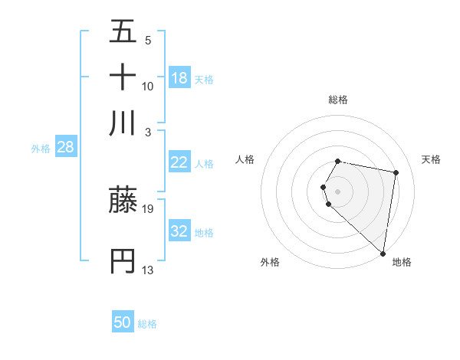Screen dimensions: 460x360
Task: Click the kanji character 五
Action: point(123,32)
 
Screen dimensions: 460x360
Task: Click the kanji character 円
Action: point(123,261)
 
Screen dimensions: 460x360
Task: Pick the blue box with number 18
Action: point(179,78)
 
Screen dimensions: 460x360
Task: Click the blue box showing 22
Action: point(179,162)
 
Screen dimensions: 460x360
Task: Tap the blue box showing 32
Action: point(179,231)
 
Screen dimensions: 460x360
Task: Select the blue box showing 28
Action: point(65,147)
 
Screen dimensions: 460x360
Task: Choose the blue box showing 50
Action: point(123,322)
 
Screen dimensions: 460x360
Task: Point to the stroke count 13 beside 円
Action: point(149,270)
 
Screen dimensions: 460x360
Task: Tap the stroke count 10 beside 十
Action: point(149,86)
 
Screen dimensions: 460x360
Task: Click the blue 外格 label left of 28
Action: point(41,149)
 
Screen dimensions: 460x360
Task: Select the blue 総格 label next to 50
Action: point(147,324)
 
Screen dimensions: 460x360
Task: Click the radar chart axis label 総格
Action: point(338,100)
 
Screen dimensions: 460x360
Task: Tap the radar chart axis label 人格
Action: point(245,159)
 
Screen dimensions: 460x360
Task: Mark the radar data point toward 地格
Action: point(383,253)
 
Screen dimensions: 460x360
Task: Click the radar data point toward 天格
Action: point(396,173)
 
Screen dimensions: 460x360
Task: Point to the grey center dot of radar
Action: point(338,191)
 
